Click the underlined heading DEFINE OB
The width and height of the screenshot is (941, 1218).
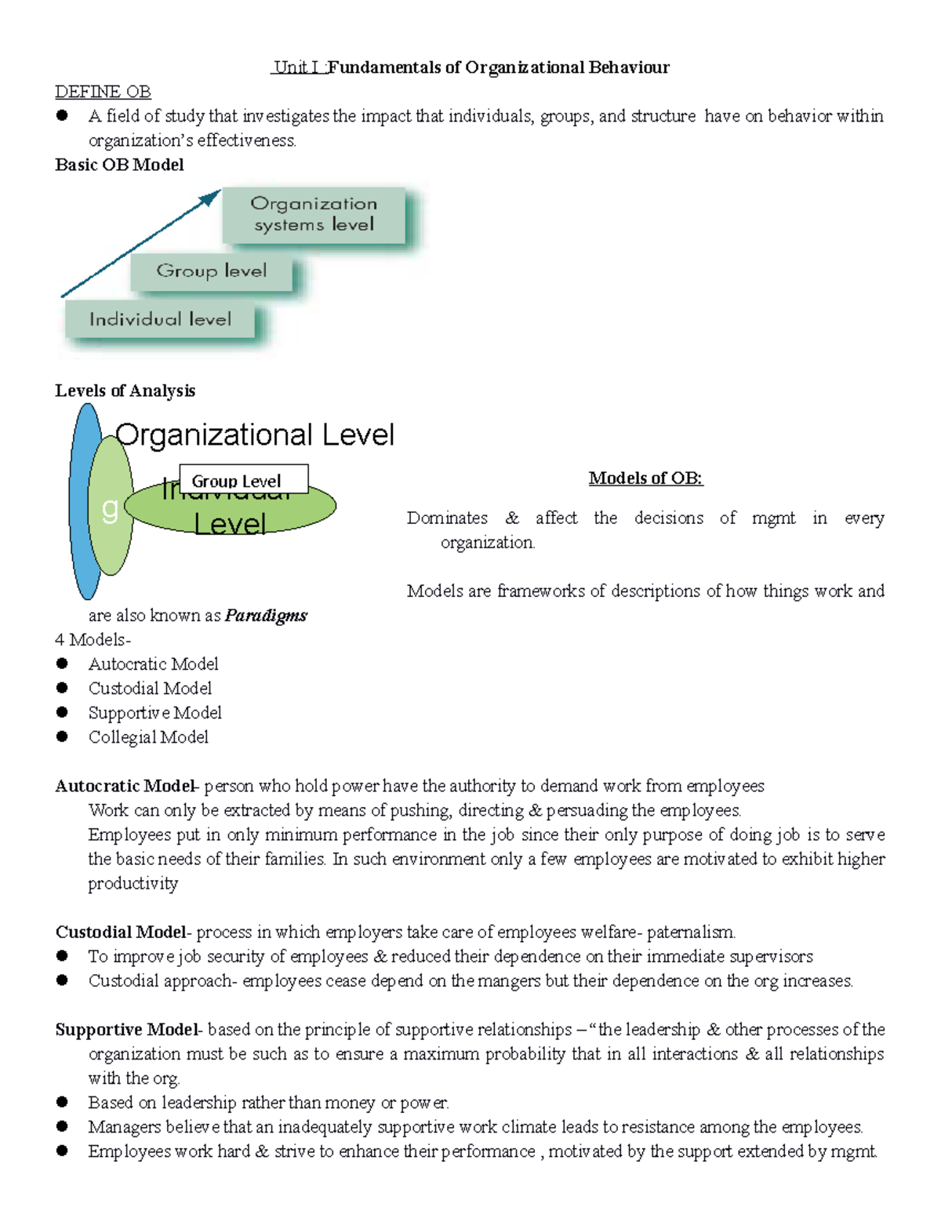coord(103,92)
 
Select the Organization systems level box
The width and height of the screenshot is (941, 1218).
coord(314,214)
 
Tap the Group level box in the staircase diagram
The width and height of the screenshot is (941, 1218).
coord(211,271)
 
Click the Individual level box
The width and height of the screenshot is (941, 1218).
coord(160,320)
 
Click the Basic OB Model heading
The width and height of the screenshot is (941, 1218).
coord(119,165)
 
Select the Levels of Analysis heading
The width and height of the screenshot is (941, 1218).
coord(125,391)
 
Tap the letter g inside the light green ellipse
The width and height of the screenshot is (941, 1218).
coord(111,510)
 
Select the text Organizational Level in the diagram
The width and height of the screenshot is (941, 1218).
coord(255,435)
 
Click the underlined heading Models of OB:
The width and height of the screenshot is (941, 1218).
coord(645,478)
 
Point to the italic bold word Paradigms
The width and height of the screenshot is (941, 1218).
coord(266,616)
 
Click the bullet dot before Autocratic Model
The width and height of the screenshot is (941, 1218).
coord(63,664)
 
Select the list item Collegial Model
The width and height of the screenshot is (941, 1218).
coord(148,737)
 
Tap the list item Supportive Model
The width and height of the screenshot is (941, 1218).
coord(154,713)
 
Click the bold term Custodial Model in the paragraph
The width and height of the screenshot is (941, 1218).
coord(121,933)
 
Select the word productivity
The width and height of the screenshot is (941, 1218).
coord(133,884)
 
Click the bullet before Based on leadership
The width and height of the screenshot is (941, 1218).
coord(63,1102)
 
